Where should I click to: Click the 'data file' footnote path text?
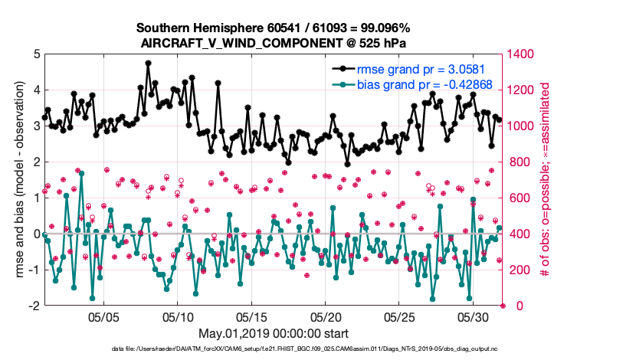click(316, 350)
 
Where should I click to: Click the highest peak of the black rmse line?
click(148, 63)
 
